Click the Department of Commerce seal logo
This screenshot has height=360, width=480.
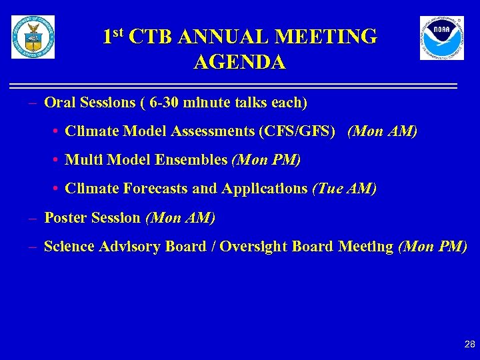click(x=33, y=37)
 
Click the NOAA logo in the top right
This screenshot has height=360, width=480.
click(x=441, y=38)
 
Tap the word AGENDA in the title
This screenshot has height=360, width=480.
click(x=240, y=62)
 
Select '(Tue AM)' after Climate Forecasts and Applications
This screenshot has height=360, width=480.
click(x=344, y=189)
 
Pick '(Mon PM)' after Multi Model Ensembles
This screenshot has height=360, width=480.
click(x=266, y=160)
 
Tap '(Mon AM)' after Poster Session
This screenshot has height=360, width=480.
click(x=180, y=217)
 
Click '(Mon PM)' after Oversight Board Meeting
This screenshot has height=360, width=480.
click(x=433, y=246)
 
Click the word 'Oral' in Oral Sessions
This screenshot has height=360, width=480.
click(x=59, y=103)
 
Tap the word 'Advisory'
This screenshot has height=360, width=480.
click(x=130, y=246)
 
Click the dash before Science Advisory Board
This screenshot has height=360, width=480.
click(x=33, y=246)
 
